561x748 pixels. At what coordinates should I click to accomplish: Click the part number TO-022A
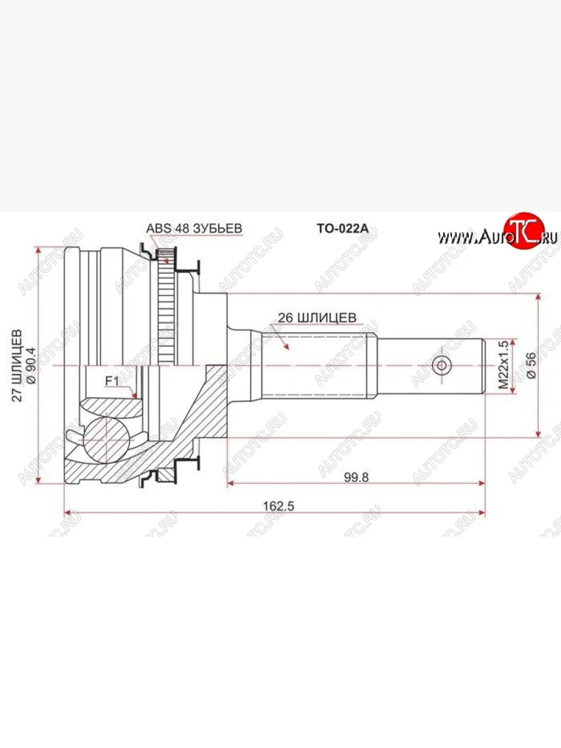pos(343,228)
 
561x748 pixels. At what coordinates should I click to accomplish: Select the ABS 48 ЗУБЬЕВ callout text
pos(194,228)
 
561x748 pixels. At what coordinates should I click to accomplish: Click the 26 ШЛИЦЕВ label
pos(317,318)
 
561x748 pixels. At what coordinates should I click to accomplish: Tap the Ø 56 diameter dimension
pos(531,366)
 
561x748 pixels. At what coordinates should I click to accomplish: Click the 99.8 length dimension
pos(357,477)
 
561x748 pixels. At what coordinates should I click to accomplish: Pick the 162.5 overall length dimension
pos(278,506)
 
